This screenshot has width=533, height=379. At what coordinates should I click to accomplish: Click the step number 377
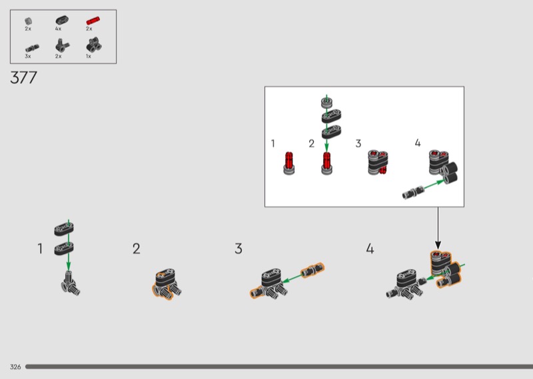pyautogui.click(x=23, y=77)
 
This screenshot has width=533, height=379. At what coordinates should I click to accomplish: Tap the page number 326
pyautogui.click(x=15, y=367)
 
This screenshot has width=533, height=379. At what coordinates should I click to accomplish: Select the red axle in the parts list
pyautogui.click(x=93, y=21)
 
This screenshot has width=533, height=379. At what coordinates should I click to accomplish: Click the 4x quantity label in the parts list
pyautogui.click(x=58, y=29)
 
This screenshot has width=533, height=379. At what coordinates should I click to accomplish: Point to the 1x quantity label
pyautogui.click(x=89, y=56)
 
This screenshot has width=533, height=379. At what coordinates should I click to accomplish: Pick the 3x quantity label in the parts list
pyautogui.click(x=28, y=56)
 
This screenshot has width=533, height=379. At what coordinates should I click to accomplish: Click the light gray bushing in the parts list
pyautogui.click(x=29, y=21)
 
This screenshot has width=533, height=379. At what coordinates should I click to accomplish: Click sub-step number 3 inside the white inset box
pyautogui.click(x=358, y=143)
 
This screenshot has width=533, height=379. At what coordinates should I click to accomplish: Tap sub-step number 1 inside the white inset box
pyautogui.click(x=272, y=143)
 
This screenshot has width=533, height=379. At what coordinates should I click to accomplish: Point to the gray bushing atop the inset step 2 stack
pyautogui.click(x=326, y=103)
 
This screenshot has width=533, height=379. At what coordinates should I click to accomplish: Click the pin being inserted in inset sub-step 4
pyautogui.click(x=413, y=193)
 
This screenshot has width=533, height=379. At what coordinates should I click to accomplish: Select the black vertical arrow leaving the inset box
pyautogui.click(x=438, y=228)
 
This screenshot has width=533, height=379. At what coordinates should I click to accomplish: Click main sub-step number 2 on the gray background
pyautogui.click(x=137, y=249)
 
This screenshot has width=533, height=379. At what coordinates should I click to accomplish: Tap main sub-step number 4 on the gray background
pyautogui.click(x=370, y=249)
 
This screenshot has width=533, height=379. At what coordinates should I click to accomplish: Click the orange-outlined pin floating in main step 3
pyautogui.click(x=312, y=270)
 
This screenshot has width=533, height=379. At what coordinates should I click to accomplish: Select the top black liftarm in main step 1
pyautogui.click(x=64, y=229)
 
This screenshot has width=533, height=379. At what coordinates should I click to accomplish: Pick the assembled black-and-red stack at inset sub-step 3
pyautogui.click(x=378, y=162)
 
